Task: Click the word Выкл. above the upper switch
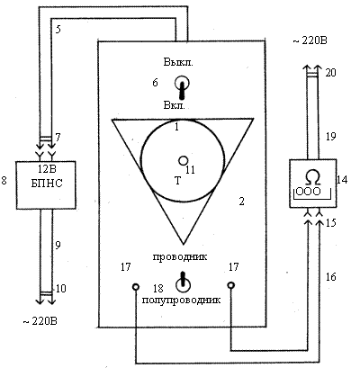point(178,62)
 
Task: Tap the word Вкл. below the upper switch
point(175,105)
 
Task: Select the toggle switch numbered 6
point(182,86)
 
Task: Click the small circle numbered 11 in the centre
point(183,161)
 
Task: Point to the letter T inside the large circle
point(177,181)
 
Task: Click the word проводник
point(180,257)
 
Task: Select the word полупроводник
point(181,300)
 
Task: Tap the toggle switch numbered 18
point(183,283)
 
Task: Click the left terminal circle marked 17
point(136,287)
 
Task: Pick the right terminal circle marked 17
point(231,285)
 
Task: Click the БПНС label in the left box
point(47,184)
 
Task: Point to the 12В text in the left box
point(47,169)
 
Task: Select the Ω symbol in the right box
point(313,177)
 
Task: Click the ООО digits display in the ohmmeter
point(309,192)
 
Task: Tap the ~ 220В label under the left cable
point(40,321)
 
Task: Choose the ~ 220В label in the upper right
point(310,40)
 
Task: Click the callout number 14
point(342,180)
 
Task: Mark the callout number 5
point(58,30)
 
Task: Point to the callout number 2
point(241,202)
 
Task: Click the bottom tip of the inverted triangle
point(184,244)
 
